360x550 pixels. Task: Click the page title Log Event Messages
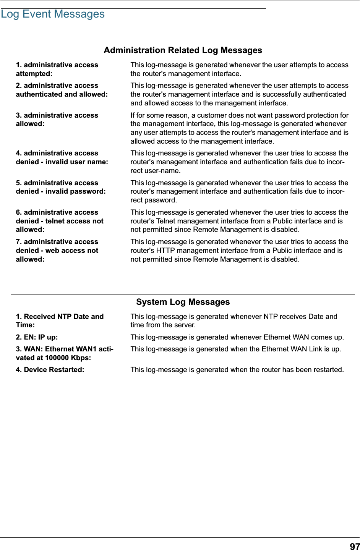coord(53,14)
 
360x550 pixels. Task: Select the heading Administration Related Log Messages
coord(183,50)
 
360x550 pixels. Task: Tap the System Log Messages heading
coord(183,302)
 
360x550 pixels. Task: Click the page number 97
coord(354,547)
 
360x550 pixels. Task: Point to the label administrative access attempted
coord(57,69)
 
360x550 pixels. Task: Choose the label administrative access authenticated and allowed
coord(62,90)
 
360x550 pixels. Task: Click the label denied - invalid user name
coord(62,162)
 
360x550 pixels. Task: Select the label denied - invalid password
coord(61,191)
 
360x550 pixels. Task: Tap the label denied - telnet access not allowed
coord(60,221)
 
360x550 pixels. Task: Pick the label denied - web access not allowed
coord(57,251)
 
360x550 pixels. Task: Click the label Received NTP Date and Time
coord(60,321)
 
